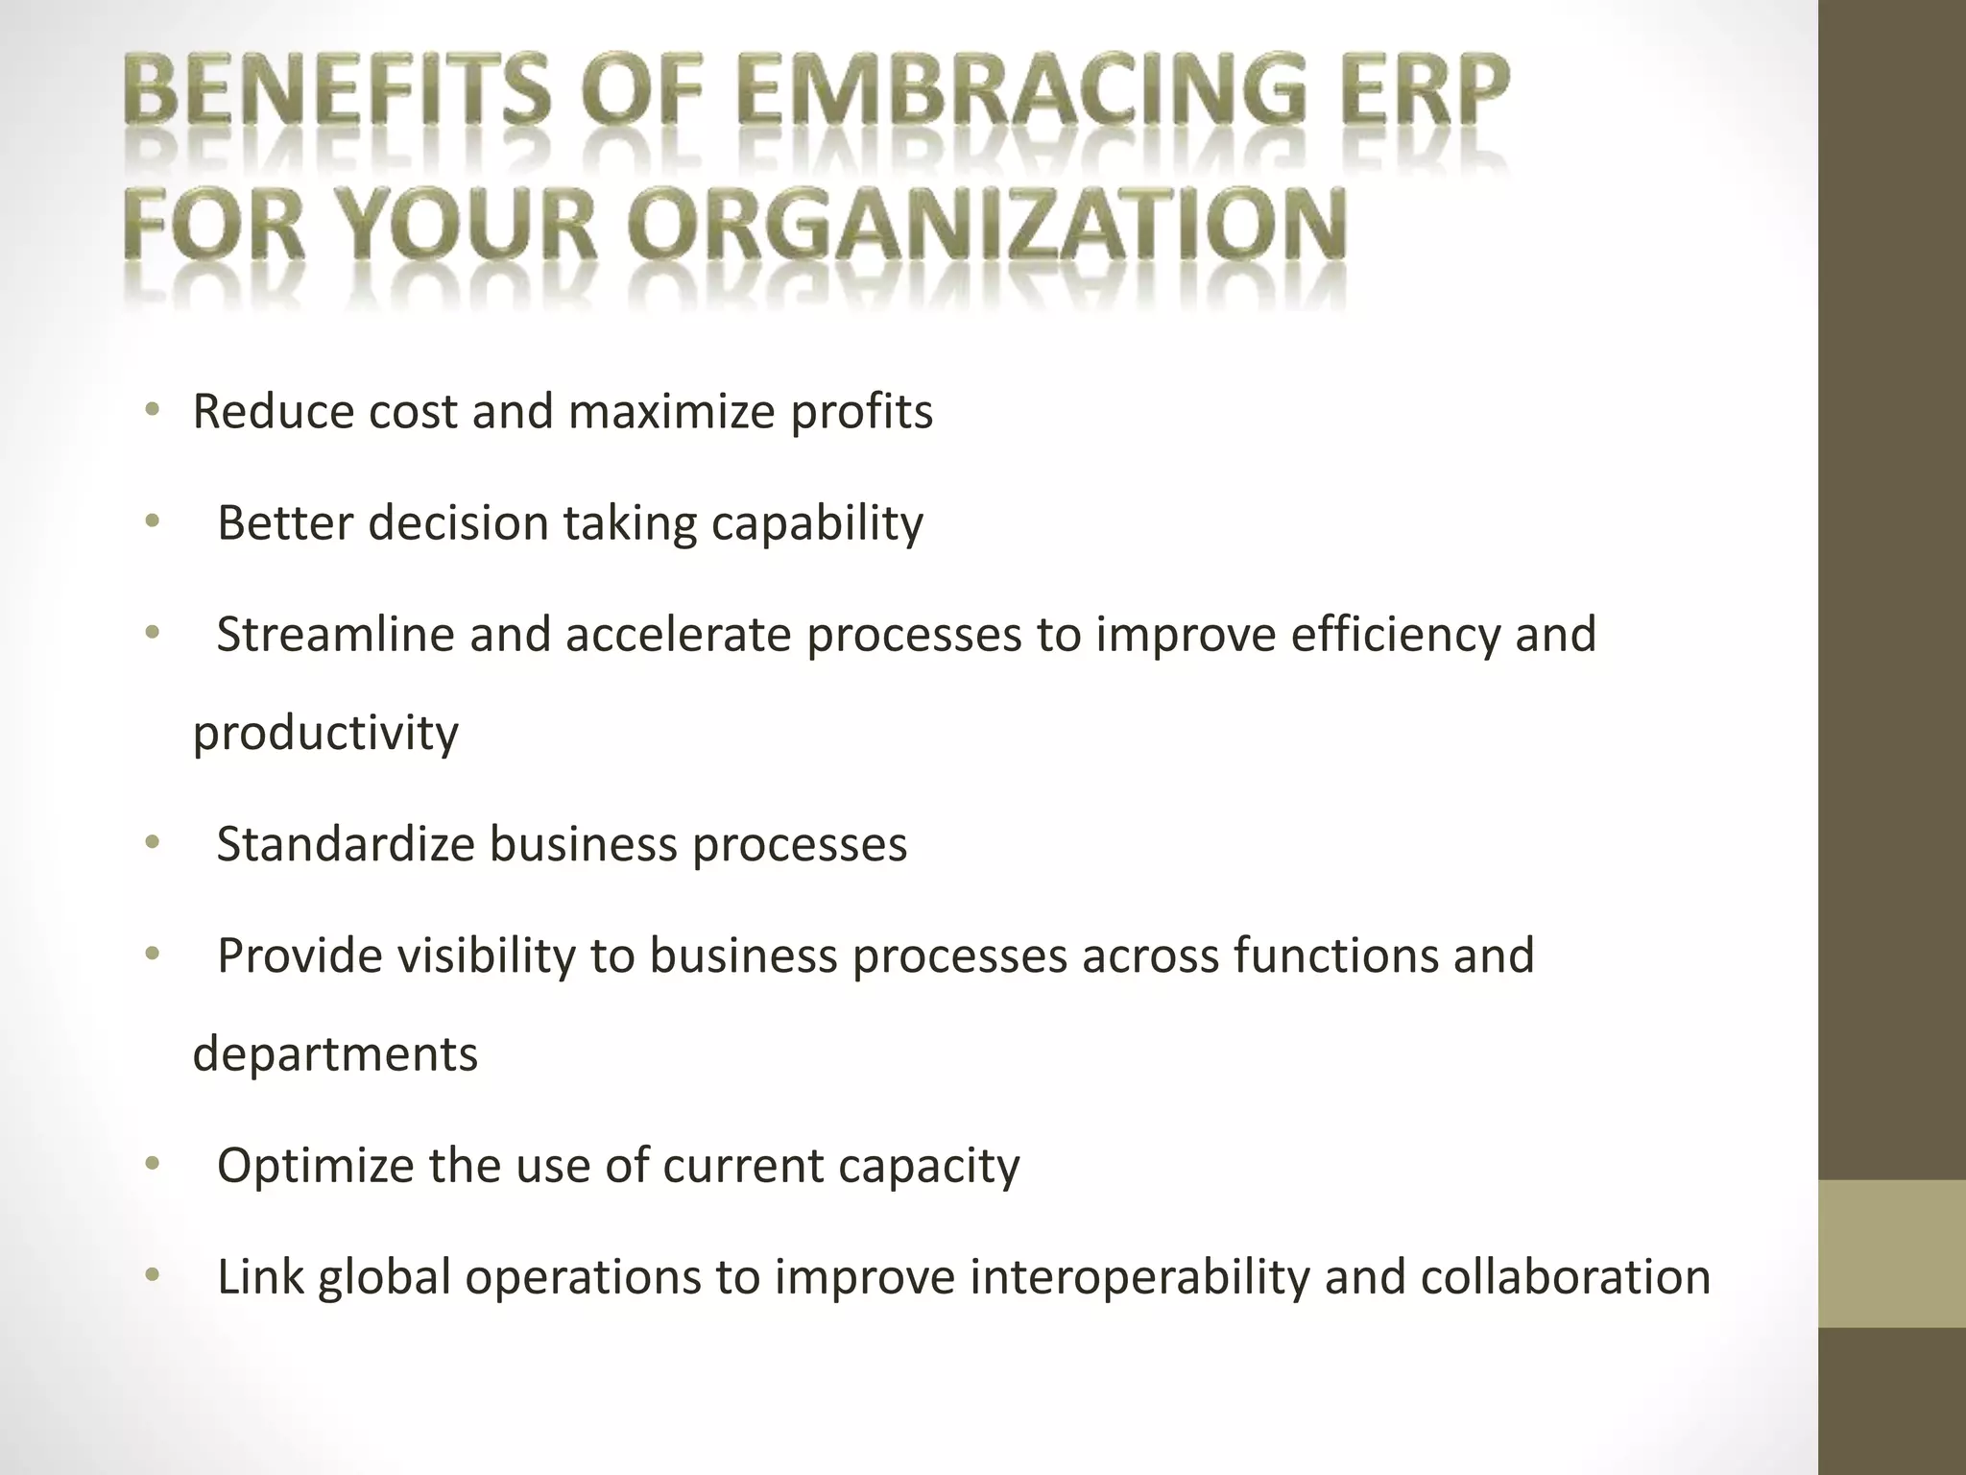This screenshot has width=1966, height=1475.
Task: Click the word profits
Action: pyautogui.click(x=861, y=411)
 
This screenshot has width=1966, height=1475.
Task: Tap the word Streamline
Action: pyautogui.click(x=335, y=635)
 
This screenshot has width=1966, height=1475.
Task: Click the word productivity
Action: pyautogui.click(x=325, y=734)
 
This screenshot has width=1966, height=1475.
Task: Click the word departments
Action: pyautogui.click(x=335, y=1054)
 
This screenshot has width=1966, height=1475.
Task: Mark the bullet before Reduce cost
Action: pyautogui.click(x=151, y=411)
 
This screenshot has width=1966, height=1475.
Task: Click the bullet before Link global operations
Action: pyautogui.click(x=151, y=1276)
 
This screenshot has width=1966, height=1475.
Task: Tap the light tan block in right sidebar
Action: pyautogui.click(x=1892, y=1253)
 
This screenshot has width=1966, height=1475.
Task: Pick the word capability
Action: pyautogui.click(x=817, y=523)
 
